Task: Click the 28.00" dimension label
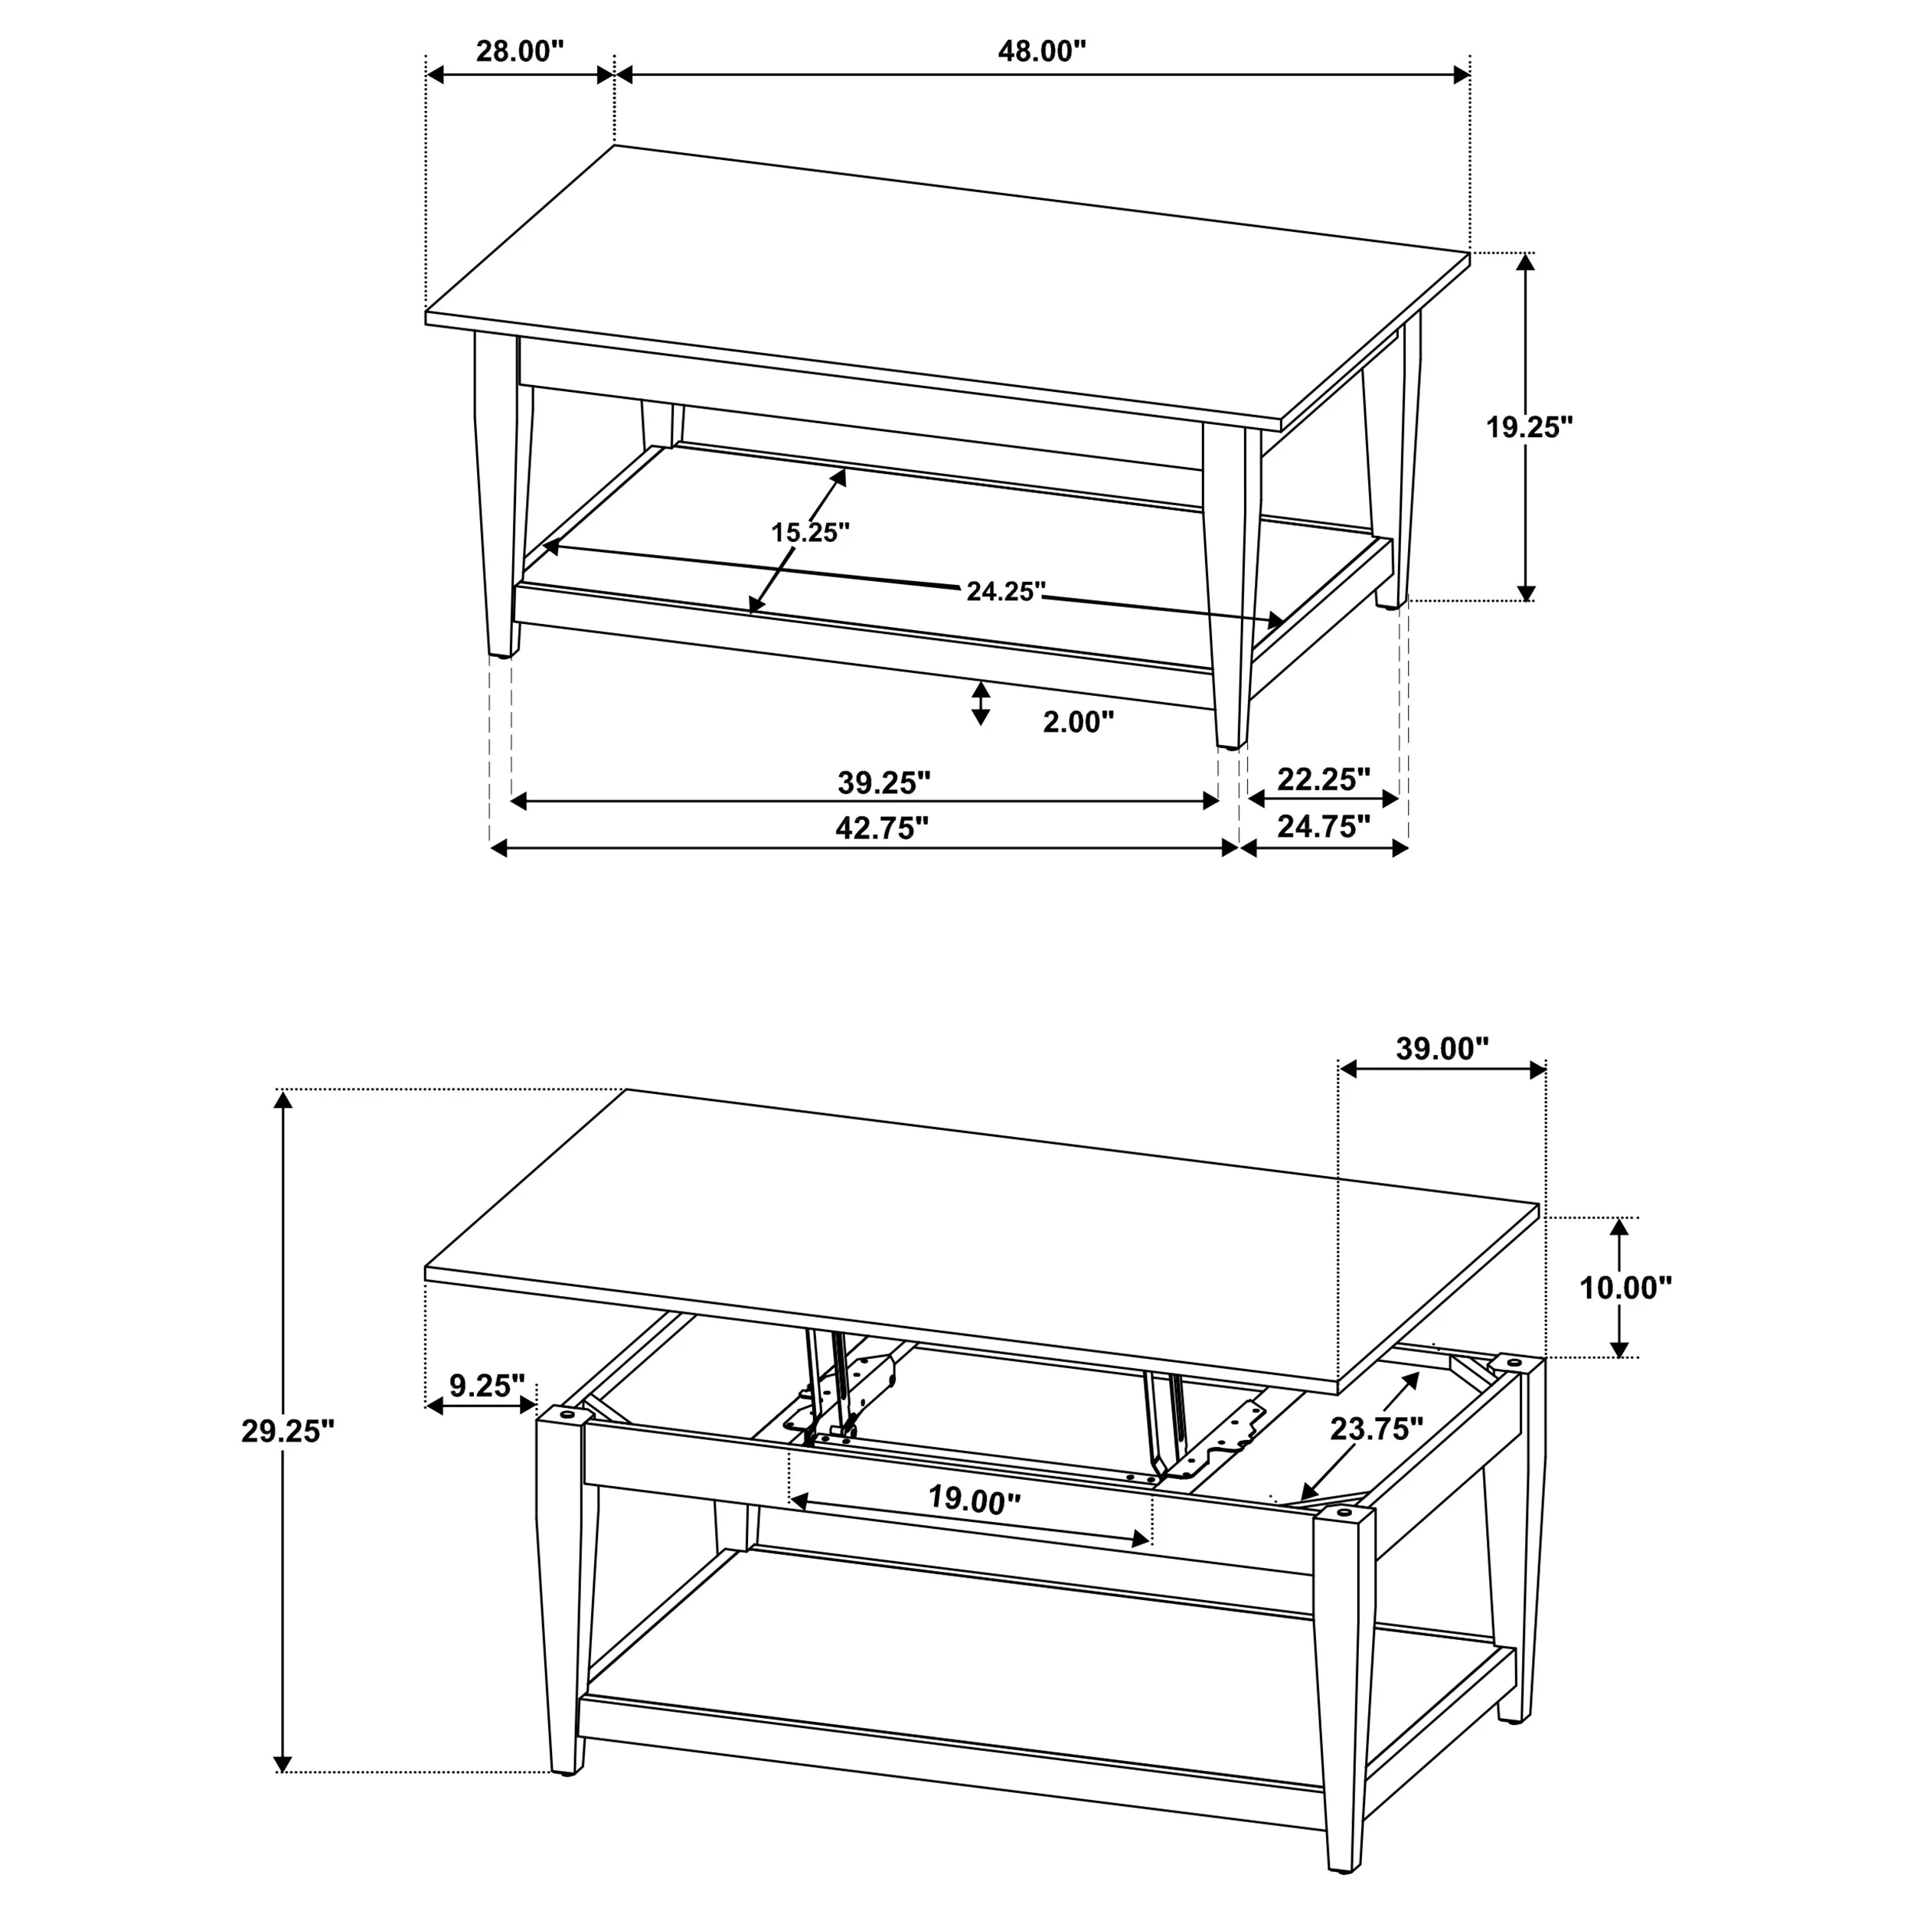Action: tap(519, 51)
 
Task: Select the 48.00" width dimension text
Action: tap(1042, 51)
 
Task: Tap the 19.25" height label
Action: tap(1530, 427)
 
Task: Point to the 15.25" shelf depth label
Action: tap(810, 532)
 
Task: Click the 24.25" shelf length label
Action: tap(1005, 592)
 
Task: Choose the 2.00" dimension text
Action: tap(1078, 722)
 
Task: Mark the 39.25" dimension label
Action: tap(884, 782)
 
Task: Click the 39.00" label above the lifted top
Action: tap(1442, 1048)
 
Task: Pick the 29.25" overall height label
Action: tap(289, 1432)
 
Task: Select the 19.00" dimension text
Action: tap(974, 1500)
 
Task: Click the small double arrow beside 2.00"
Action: tap(981, 702)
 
